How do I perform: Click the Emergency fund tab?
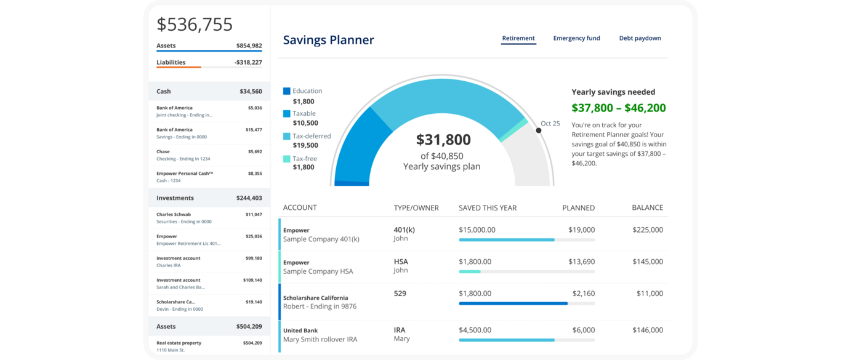click(x=576, y=38)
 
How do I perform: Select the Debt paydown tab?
click(x=640, y=38)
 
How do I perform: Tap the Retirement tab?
click(x=518, y=38)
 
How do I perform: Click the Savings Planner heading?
click(x=328, y=40)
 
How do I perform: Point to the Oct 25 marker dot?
click(x=539, y=130)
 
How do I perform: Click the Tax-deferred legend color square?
click(x=287, y=136)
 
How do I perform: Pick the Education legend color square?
click(x=287, y=91)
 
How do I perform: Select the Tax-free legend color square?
click(x=287, y=159)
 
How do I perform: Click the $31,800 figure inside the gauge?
click(x=443, y=140)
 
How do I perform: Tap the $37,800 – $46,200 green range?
click(x=618, y=108)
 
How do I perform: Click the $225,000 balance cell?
click(x=647, y=230)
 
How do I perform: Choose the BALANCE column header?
click(x=647, y=208)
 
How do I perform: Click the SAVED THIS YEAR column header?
click(x=488, y=208)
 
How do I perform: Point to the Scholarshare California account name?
click(x=315, y=298)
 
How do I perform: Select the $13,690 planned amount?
click(x=581, y=262)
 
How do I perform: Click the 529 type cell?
click(x=400, y=294)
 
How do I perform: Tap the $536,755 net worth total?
click(x=195, y=25)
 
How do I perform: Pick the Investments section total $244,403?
click(x=249, y=198)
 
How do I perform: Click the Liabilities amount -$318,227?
click(x=248, y=62)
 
